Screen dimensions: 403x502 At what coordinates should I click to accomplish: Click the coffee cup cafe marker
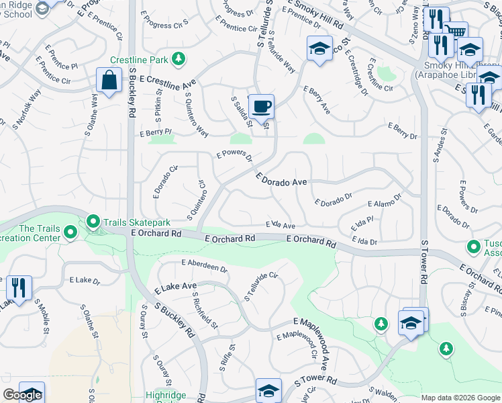[262, 106]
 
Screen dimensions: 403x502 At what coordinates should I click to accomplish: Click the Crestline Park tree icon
[179, 60]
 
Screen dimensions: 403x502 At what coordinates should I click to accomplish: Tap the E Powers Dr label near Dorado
[234, 156]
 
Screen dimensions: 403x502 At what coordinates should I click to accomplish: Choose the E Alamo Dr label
[384, 201]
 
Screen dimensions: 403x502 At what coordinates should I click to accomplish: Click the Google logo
[22, 395]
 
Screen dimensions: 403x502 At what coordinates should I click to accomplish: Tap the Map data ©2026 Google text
[460, 398]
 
